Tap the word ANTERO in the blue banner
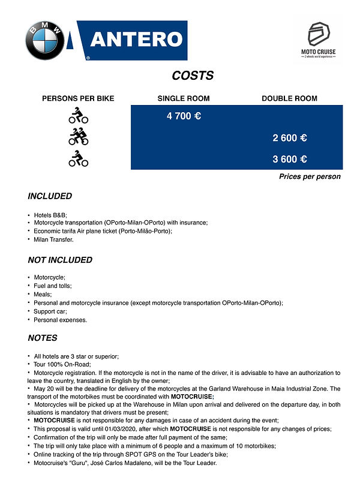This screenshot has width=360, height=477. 136,40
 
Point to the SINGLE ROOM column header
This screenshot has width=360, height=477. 184,98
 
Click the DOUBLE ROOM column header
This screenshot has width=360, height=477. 289,98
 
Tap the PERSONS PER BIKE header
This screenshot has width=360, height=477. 78,98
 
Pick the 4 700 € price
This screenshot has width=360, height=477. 184,116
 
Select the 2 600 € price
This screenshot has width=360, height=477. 290,138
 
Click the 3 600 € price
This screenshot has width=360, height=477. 290,159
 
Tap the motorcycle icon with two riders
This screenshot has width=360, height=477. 78,137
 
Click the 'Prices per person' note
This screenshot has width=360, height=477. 310,176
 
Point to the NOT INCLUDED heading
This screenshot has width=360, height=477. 60,260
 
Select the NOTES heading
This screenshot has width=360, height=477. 43,338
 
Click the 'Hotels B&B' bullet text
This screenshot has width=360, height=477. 51,215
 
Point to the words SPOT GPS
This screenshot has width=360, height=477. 140,455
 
